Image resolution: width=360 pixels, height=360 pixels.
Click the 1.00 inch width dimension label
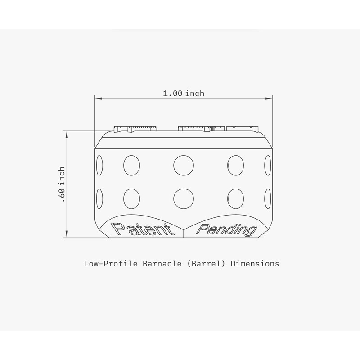point(183,94)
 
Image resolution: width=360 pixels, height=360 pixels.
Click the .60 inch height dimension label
point(63,184)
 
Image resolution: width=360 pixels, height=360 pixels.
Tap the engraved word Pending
point(227,230)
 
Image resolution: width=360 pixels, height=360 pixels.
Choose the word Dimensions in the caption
point(255,264)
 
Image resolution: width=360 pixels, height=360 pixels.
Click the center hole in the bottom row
point(183,198)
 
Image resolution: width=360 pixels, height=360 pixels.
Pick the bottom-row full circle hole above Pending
point(235,198)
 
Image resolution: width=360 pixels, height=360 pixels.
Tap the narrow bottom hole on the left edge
point(99,198)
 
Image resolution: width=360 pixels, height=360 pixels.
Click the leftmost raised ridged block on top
point(135,129)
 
